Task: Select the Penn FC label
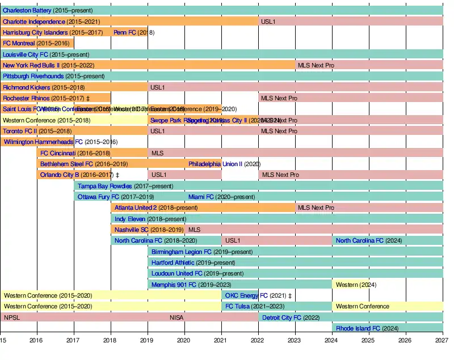[x=124, y=32]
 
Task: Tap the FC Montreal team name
[x=19, y=43]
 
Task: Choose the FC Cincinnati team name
[x=57, y=153]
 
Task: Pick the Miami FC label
[x=201, y=197]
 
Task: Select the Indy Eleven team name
[x=130, y=219]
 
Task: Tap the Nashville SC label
[x=131, y=230]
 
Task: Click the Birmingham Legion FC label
[x=181, y=252]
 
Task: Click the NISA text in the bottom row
[x=176, y=317]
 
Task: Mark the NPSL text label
[x=12, y=317]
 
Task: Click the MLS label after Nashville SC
[x=194, y=230]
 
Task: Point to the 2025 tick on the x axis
[x=368, y=340]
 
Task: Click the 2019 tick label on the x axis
[x=146, y=340]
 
